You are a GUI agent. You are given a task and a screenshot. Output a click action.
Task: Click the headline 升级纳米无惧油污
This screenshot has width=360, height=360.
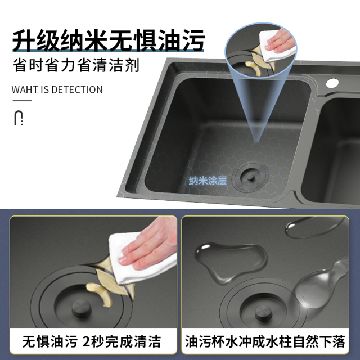[109, 40]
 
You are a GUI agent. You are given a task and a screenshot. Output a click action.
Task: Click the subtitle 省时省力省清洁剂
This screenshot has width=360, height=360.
[76, 65]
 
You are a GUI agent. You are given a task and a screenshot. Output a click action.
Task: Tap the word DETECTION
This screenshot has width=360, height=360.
[77, 89]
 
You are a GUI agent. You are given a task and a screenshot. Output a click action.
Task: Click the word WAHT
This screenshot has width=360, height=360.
[25, 89]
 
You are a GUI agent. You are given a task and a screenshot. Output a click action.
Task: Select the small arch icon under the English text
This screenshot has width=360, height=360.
[19, 118]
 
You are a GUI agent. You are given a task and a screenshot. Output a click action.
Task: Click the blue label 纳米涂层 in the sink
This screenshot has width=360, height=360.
[208, 181]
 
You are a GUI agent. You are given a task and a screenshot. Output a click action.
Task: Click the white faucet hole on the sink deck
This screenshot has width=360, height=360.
[332, 83]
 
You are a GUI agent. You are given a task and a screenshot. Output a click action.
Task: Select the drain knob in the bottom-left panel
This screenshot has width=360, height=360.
[82, 309]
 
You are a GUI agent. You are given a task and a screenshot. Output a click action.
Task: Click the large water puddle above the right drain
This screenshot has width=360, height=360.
[231, 262]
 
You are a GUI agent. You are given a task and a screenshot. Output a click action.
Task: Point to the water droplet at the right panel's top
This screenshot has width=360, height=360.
[314, 227]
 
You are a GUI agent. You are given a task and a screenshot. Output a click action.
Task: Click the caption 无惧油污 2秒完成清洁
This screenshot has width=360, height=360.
[91, 342]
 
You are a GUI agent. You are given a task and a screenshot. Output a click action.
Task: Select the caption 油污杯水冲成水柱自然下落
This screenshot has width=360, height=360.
[265, 342]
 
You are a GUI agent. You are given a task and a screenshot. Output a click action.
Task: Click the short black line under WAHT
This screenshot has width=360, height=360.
[22, 101]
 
